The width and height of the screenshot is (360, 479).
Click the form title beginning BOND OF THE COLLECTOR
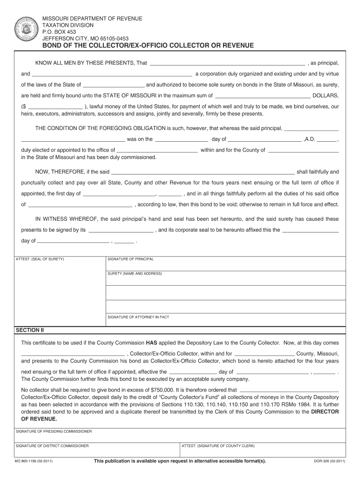point(148,46)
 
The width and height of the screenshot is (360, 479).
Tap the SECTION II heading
point(29,330)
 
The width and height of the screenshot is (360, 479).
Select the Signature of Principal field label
point(130,259)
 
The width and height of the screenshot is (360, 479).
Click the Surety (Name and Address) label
point(135,273)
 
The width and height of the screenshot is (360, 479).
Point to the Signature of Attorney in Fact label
point(138,317)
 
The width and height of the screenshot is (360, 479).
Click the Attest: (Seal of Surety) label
point(40,259)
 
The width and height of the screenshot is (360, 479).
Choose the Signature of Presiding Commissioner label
point(54,431)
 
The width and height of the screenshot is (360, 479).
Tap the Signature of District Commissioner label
point(52,446)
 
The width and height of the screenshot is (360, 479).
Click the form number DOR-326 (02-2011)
point(329,461)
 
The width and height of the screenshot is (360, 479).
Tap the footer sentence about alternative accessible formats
point(180,461)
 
